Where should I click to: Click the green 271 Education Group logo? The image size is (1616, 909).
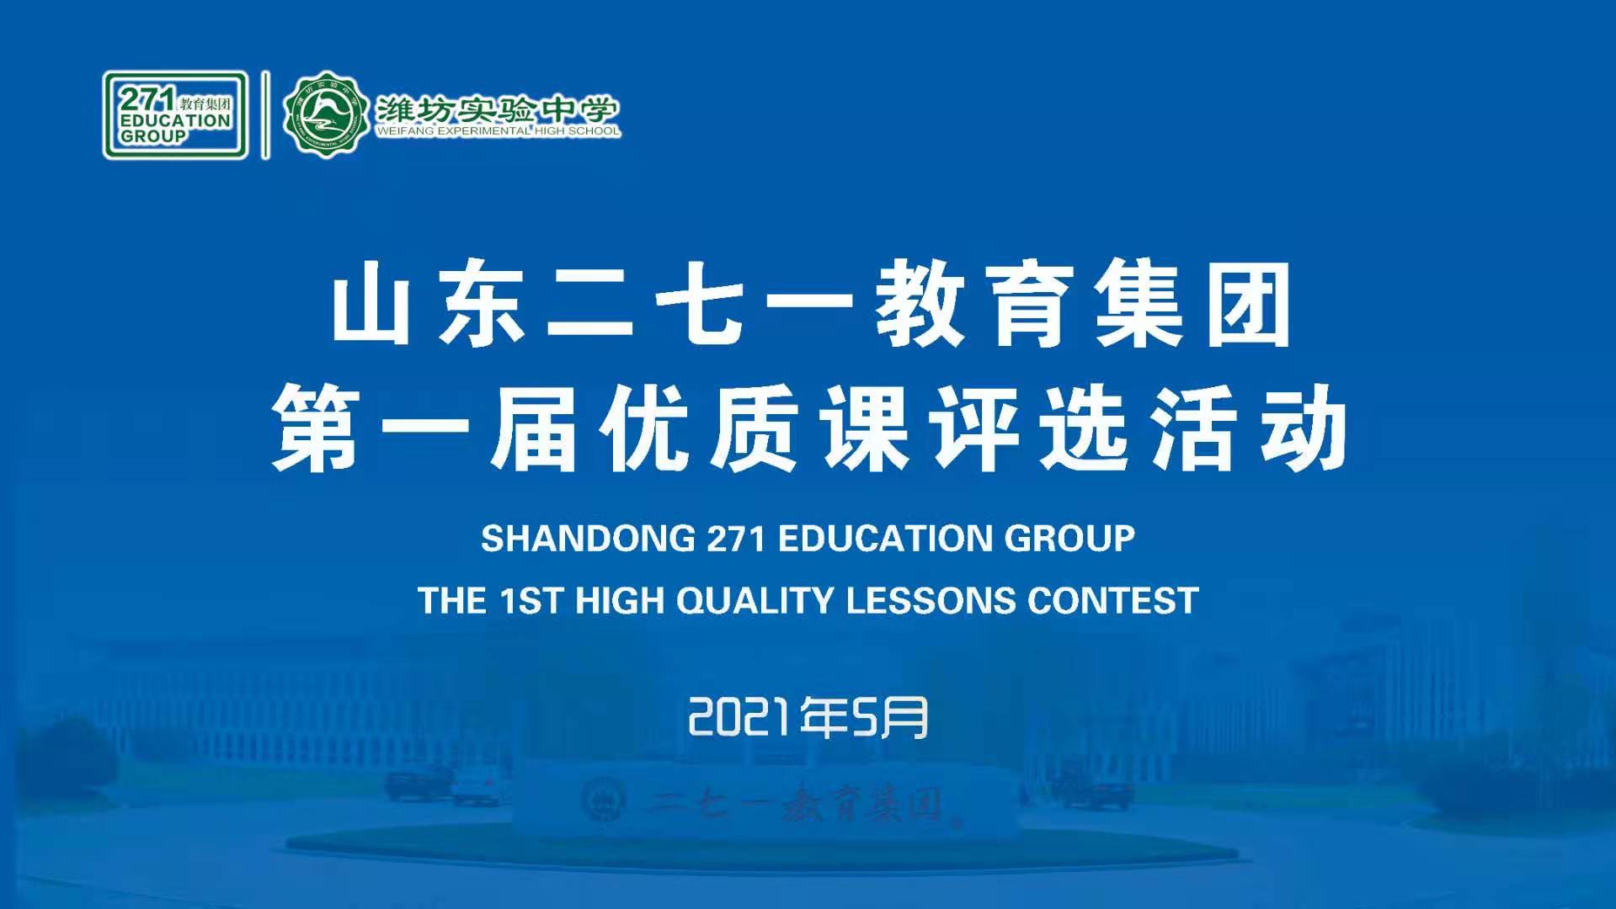point(175,115)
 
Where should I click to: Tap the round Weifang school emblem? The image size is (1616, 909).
point(326,114)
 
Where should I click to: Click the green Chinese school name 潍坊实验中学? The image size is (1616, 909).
point(497,109)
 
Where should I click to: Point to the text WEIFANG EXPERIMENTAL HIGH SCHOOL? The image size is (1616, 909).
point(498,131)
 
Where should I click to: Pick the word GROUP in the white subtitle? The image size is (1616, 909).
point(1058,539)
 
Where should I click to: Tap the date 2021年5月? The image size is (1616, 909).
point(808,718)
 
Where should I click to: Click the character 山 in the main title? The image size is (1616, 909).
point(371,304)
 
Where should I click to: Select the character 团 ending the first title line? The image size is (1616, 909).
point(1251,304)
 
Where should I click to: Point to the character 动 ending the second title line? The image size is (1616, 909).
point(1304,427)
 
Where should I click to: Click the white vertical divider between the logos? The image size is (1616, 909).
point(266,114)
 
